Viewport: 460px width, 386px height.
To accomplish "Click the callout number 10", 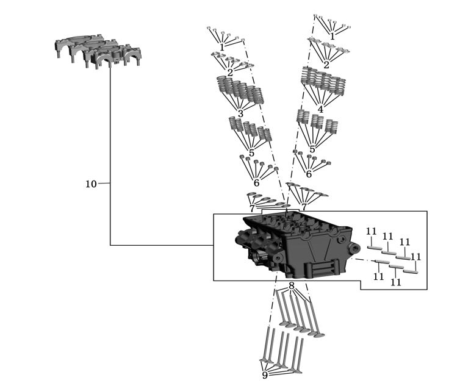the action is coord(91,184).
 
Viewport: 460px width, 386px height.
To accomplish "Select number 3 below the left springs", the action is coord(240,113).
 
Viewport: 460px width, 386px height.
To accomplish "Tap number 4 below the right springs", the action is coord(320,109).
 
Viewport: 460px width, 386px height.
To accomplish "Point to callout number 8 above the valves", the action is coord(291,285).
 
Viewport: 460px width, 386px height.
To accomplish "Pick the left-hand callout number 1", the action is coord(222,47).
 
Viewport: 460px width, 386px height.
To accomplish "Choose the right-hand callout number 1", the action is coord(332,37).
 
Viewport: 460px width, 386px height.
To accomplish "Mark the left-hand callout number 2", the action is coord(230,73).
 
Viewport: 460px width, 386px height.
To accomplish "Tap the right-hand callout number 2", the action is coord(326,65).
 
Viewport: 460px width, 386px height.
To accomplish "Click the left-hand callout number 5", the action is coord(251,153).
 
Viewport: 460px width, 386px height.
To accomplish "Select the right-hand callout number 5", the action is coord(312,149).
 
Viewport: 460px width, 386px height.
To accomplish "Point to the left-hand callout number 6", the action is coord(256,183).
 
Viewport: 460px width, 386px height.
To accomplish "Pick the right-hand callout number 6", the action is coord(309,174).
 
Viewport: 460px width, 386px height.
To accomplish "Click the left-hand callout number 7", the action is coord(252,209).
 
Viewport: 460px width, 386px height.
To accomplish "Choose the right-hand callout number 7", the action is coord(304,207).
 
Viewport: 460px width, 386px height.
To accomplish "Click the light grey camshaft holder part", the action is coord(98,51).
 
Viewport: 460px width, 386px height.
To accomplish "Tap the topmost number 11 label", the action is coord(371,232).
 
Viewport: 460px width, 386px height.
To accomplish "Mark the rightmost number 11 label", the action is coord(415,257).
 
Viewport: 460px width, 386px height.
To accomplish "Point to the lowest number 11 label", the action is coord(396,282).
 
